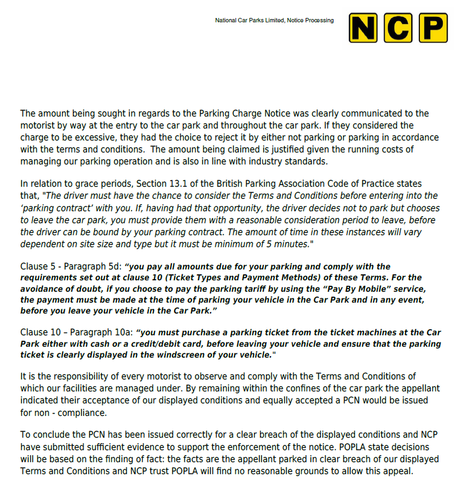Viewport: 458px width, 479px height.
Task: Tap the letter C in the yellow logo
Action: coord(398,28)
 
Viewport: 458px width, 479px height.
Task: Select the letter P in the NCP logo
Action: coord(431,28)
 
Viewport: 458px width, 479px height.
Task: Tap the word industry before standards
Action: coord(269,161)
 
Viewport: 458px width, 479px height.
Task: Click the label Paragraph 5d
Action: coord(93,267)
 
